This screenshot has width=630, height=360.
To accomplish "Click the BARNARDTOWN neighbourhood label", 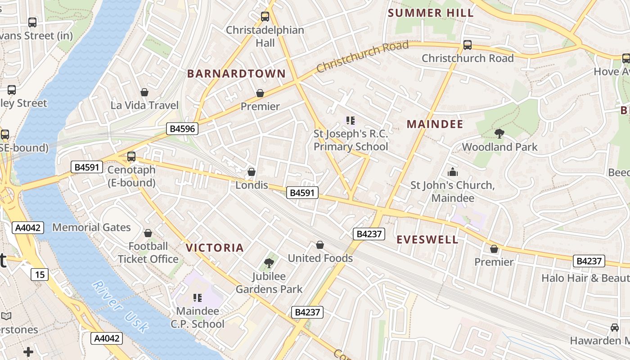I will tap(236, 74).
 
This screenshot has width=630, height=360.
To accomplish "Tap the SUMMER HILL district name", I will tap(431, 13).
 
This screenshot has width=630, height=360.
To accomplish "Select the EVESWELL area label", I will tap(427, 239).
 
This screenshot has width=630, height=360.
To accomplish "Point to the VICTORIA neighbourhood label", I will tap(215, 247).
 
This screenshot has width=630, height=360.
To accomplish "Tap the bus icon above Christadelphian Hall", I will tap(265, 17).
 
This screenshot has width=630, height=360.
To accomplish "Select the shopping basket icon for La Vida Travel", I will tap(144, 92).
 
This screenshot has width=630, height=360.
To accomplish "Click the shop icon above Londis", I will tap(252, 172).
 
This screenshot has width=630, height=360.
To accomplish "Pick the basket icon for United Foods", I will tap(320, 245).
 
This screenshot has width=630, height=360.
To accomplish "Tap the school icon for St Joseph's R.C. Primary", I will tap(351, 120).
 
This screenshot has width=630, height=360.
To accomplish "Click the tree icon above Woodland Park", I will tap(499, 133).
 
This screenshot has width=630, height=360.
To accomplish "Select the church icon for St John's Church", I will tap(452, 172).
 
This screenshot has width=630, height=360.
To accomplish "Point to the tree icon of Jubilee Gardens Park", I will tap(269, 263).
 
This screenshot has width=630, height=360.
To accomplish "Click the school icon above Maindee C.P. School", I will tap(197, 297).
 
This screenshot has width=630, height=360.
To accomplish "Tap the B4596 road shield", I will tap(182, 129).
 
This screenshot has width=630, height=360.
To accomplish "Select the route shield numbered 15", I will tap(40, 274).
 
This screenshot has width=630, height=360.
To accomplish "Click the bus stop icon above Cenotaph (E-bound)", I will tap(131, 157).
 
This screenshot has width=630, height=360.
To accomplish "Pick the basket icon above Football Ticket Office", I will tap(148, 233).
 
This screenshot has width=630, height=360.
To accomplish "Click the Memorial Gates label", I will tap(91, 227).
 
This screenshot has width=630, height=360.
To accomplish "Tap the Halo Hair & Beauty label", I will tap(585, 278).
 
